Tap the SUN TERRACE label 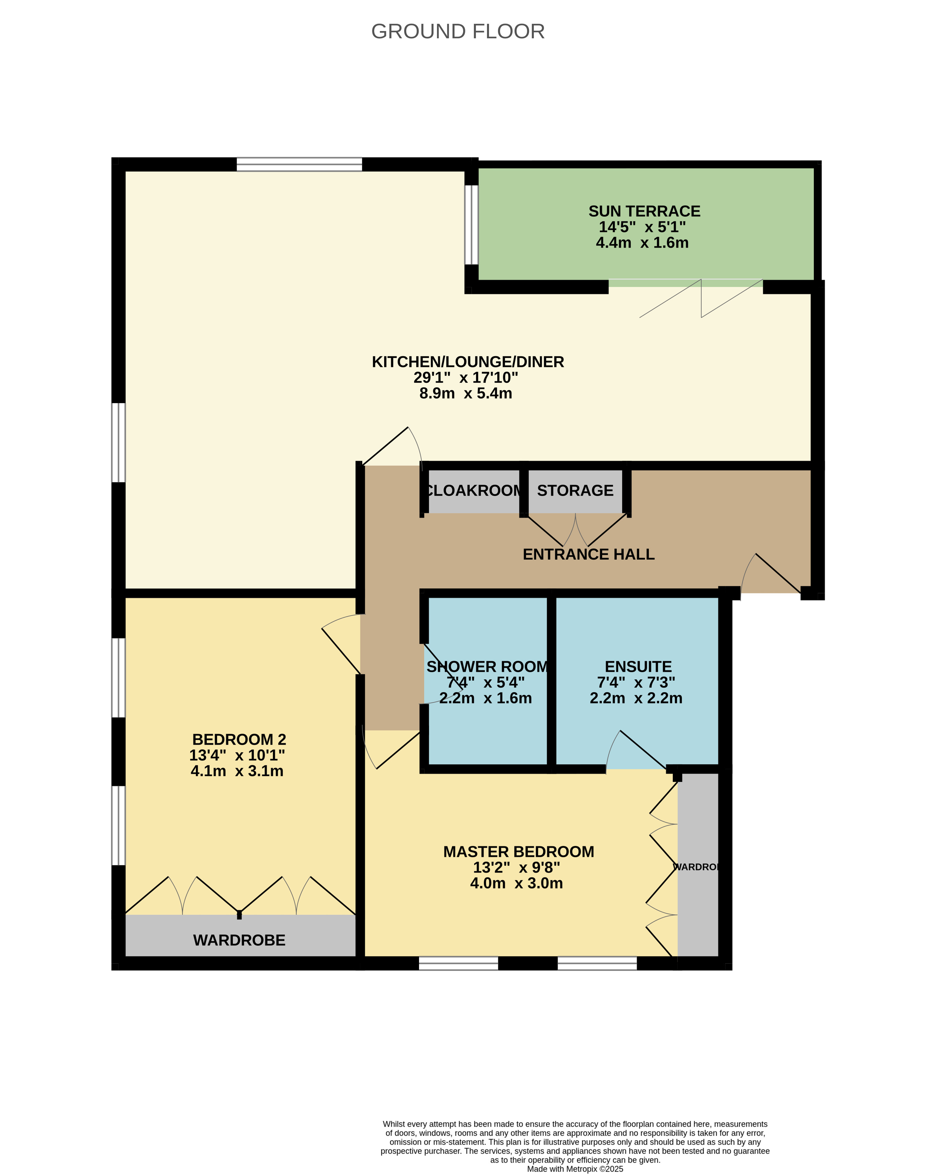click(x=644, y=211)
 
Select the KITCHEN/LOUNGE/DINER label click(x=468, y=361)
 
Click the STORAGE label click(x=575, y=491)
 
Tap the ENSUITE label click(x=638, y=667)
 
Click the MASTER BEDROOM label click(x=518, y=852)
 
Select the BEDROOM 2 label click(x=239, y=739)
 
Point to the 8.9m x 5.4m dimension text click(x=466, y=393)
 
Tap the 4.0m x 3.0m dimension click(x=516, y=883)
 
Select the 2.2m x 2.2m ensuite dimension click(x=636, y=698)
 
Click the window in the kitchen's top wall click(x=299, y=165)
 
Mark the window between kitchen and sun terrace click(x=471, y=225)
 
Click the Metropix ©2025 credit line click(x=575, y=1168)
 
